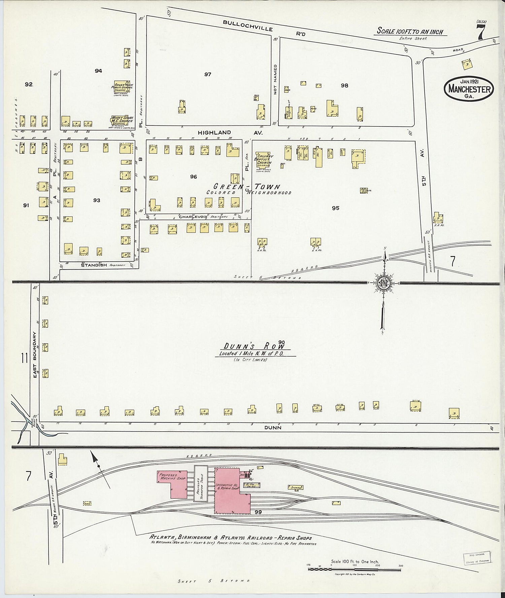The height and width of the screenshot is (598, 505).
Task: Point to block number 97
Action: point(208,74)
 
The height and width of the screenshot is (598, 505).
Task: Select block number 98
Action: point(344,86)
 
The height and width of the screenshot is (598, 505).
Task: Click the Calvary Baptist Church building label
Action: point(264,161)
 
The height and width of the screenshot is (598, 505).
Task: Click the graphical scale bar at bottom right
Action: point(355,569)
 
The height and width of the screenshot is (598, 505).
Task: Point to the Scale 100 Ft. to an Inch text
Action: point(409,32)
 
